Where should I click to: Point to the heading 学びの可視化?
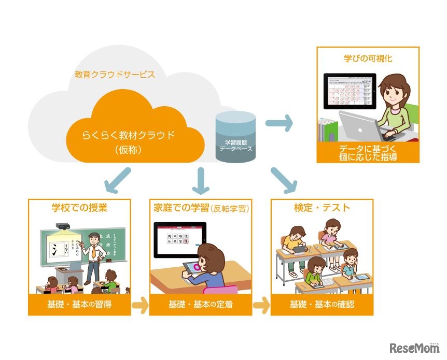coord(368,59)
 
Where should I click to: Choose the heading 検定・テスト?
coord(322,208)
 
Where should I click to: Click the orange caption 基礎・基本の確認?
coord(322,305)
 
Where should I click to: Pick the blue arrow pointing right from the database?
coord(279,123)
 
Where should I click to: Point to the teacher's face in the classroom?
coord(93,239)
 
